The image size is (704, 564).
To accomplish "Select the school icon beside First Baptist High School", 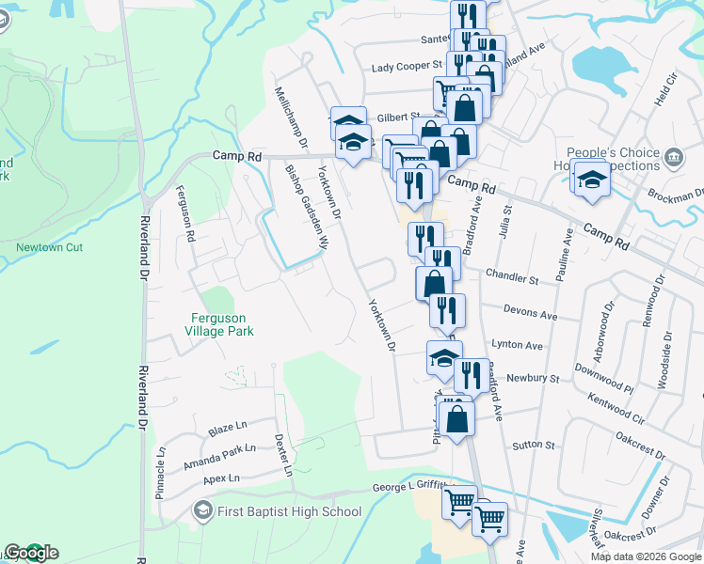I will (x=201, y=511).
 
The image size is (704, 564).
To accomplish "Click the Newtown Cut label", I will (x=42, y=248).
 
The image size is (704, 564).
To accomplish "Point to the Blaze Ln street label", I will (x=228, y=428).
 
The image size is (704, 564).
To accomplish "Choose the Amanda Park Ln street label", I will (x=219, y=450).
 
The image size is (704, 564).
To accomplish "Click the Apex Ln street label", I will (x=221, y=479).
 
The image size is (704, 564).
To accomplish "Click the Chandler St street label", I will (x=512, y=279).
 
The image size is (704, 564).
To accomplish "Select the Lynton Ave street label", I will (x=517, y=346).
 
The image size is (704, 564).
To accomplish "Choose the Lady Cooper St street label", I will (x=407, y=66).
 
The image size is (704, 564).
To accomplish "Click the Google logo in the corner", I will (x=31, y=553).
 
